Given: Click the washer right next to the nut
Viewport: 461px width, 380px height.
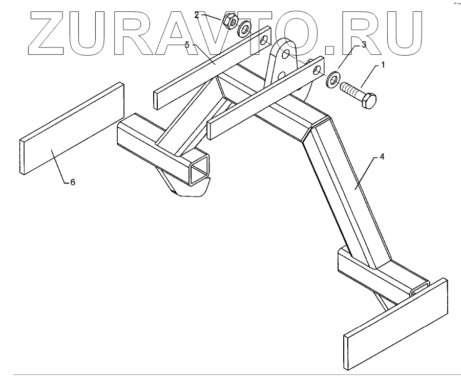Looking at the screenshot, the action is coord(244,28).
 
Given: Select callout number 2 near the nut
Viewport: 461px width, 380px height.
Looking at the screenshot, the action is coord(196,15).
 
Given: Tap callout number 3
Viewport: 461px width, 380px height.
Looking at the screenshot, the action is coord(364,44).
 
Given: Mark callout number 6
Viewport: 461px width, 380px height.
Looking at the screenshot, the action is coord(72,183).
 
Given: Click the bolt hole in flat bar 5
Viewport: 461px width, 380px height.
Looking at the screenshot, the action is coord(264,40).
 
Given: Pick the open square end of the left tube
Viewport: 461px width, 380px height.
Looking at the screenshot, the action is coord(200,171).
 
